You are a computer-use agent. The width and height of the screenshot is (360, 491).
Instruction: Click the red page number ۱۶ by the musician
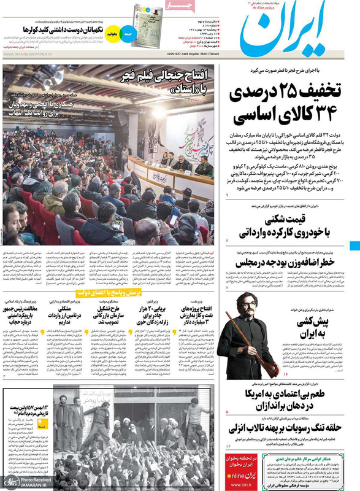(x=286, y=374)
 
